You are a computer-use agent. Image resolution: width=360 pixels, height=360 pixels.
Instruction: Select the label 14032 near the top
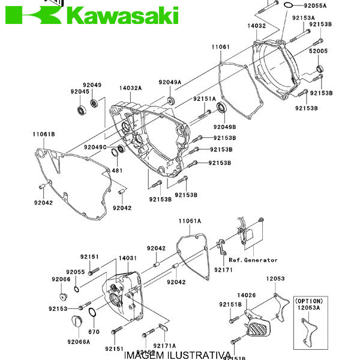(x=256, y=26)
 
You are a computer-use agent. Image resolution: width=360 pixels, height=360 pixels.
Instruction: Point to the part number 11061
(x=220, y=46)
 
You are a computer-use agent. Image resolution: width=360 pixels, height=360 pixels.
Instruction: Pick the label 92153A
(x=304, y=18)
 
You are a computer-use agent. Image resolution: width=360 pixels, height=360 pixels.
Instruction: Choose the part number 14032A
(x=130, y=88)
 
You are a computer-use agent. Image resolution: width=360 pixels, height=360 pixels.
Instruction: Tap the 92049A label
(x=170, y=82)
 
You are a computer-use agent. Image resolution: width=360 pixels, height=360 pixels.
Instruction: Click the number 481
(x=118, y=170)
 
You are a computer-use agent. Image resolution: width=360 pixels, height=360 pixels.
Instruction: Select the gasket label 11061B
(x=44, y=134)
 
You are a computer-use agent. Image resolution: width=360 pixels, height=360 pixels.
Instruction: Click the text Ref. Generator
(x=253, y=260)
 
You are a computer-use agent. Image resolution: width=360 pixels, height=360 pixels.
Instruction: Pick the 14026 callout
(x=247, y=295)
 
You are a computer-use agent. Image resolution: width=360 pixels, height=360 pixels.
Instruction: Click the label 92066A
(x=78, y=341)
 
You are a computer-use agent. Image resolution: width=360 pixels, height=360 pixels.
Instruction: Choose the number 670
(x=94, y=332)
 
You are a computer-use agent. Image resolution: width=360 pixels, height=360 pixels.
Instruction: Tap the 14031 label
(x=127, y=257)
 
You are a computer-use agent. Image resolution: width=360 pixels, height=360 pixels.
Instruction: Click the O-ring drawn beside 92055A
(x=288, y=6)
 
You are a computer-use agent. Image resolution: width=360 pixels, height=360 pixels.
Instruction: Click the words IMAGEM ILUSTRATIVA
(x=177, y=355)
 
